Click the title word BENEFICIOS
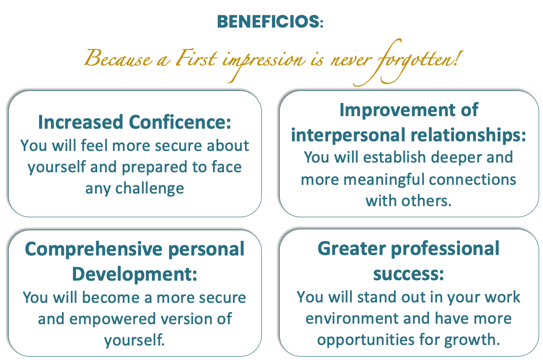[x=269, y=21]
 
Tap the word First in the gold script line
[x=196, y=58]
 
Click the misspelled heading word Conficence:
[x=180, y=122]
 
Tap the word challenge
[x=150, y=189]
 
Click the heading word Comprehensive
[x=93, y=249]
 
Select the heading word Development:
[x=135, y=274]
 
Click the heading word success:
[x=408, y=274]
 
